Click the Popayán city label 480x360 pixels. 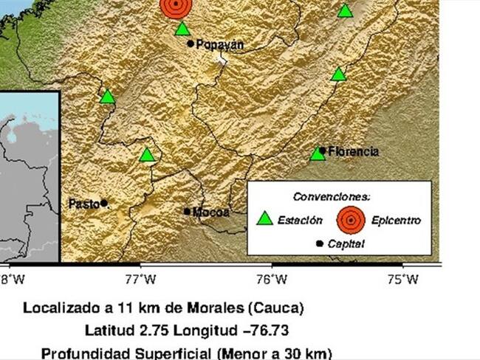pyautogui.click(x=219, y=44)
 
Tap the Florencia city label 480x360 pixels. pyautogui.click(x=354, y=151)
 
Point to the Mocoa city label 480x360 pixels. pyautogui.click(x=211, y=212)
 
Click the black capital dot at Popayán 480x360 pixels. pyautogui.click(x=191, y=44)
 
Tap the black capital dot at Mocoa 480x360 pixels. pyautogui.click(x=188, y=211)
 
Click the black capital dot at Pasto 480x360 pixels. pyautogui.click(x=104, y=203)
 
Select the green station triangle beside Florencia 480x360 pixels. pyautogui.click(x=318, y=153)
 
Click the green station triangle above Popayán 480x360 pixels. pyautogui.click(x=182, y=30)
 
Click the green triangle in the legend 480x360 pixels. pyautogui.click(x=264, y=218)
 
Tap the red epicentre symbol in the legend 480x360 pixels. pyautogui.click(x=351, y=218)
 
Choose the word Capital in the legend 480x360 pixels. pyautogui.click(x=344, y=243)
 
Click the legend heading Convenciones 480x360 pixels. pyautogui.click(x=332, y=197)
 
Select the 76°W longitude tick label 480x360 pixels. pyautogui.click(x=272, y=279)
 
